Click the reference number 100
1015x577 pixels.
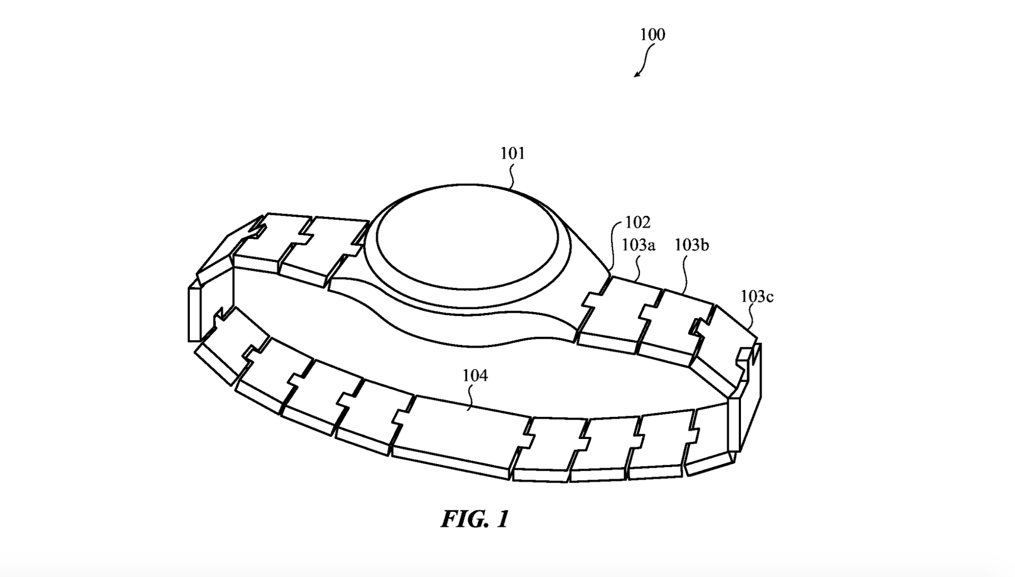(x=652, y=34)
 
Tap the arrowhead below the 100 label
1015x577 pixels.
(x=637, y=74)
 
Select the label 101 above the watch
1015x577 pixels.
(x=513, y=153)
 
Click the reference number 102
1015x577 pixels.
(x=638, y=222)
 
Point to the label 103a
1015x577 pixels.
(x=639, y=245)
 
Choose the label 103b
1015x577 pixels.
(x=691, y=245)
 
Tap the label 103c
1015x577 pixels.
(x=757, y=297)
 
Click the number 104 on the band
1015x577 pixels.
(x=474, y=375)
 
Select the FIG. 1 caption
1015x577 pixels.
(x=475, y=519)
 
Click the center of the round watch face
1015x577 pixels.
(x=467, y=239)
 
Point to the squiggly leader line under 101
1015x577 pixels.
(x=512, y=176)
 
